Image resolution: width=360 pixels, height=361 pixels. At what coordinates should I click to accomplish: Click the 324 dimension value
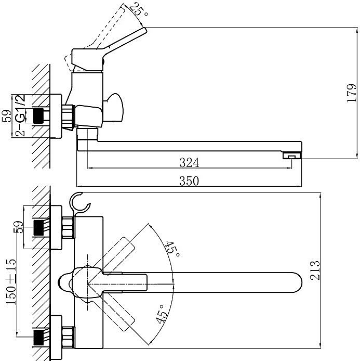(189, 162)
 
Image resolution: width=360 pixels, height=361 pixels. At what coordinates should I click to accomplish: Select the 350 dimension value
(189, 180)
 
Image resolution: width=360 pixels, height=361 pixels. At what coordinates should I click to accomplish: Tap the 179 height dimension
(352, 93)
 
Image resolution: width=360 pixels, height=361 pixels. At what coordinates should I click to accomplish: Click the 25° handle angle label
(139, 9)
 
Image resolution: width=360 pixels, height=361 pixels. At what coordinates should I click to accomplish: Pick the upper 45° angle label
(172, 249)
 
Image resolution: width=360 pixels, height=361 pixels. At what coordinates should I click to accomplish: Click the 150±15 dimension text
(11, 282)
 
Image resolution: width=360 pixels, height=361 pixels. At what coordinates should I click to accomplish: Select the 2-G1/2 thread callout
(20, 115)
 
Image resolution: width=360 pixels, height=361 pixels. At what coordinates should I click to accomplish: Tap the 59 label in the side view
(7, 116)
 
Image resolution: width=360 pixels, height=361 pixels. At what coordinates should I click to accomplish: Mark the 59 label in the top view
(18, 227)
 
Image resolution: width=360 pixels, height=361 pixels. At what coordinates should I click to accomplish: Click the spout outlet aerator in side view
(292, 155)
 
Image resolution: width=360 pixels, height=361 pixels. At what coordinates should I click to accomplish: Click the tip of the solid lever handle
(144, 31)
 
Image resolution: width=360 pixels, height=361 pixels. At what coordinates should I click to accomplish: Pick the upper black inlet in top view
(38, 228)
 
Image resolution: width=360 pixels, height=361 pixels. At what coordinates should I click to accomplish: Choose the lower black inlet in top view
(38, 338)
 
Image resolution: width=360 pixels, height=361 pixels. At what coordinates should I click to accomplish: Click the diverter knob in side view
(113, 107)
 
